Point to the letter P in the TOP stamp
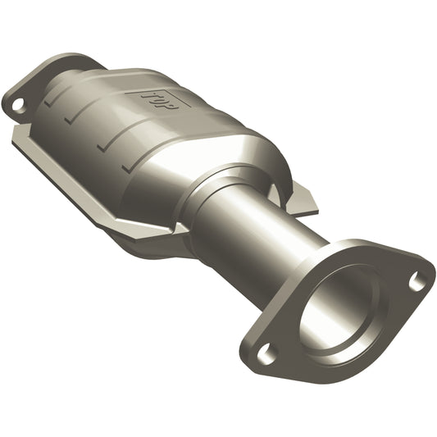click(171, 104)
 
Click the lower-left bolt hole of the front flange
click(264, 353)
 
